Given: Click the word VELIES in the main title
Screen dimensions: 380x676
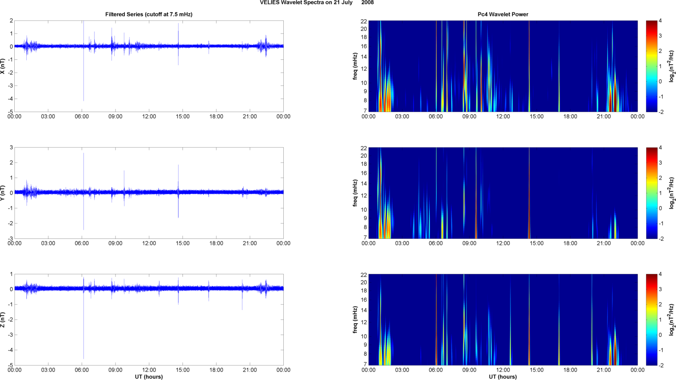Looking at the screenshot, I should point(270,3).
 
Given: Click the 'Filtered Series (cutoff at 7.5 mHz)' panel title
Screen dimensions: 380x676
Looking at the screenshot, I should point(149,14).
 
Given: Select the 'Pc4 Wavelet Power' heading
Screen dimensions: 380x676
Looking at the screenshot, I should point(503,14).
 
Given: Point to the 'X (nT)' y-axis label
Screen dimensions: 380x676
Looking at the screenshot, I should point(3,66).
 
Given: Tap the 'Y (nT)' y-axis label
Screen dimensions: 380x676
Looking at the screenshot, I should point(3,193).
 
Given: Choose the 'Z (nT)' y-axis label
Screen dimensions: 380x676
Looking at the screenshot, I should point(3,320).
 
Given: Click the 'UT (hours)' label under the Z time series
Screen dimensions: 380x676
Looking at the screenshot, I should point(149,377).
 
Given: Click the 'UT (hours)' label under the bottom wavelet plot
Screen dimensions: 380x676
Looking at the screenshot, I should point(503,377).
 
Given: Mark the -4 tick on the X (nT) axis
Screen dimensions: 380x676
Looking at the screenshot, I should point(10,99).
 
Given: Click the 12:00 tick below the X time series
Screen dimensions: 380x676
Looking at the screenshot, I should point(149,117).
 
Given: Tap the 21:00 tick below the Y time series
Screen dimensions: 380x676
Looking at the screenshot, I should point(250,243).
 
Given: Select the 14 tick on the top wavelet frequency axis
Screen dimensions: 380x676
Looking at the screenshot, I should point(364,57).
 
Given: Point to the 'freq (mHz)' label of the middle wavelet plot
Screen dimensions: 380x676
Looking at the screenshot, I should point(355,193).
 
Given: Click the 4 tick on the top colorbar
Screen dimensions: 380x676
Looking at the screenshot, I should point(660,21).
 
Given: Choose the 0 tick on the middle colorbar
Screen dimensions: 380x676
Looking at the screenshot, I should point(660,209).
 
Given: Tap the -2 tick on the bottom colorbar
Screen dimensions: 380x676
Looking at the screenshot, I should point(661,365).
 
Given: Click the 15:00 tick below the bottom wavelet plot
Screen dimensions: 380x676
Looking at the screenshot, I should point(537,370).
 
